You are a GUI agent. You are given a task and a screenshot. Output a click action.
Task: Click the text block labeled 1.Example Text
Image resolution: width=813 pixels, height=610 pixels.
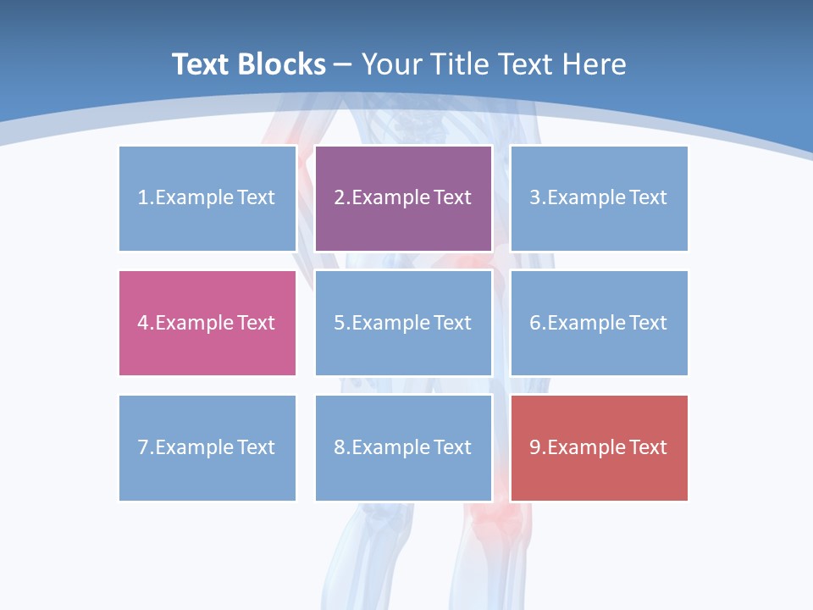pyautogui.click(x=207, y=198)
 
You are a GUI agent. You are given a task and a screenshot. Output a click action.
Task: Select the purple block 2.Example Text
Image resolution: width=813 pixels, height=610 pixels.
pyautogui.click(x=403, y=198)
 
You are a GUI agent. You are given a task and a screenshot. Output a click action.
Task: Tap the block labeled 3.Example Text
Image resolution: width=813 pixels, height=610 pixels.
pyautogui.click(x=599, y=198)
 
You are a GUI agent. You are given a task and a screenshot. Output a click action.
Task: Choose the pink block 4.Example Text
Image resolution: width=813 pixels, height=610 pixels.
pyautogui.click(x=207, y=323)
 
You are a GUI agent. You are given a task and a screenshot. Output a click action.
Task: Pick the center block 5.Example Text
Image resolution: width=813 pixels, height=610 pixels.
pyautogui.click(x=403, y=323)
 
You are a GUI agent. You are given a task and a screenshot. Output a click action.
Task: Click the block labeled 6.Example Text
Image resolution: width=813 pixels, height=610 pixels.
pyautogui.click(x=599, y=323)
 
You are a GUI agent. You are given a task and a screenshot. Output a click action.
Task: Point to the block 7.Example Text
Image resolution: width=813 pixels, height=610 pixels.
pyautogui.click(x=207, y=447)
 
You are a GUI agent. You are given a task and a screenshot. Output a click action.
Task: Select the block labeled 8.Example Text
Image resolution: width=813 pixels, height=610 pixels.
pyautogui.click(x=403, y=447)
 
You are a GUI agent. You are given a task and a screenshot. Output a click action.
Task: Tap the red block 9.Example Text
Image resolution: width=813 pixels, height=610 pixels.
pyautogui.click(x=599, y=447)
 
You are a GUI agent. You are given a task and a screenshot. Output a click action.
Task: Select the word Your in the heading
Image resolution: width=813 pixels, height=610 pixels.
pyautogui.click(x=390, y=64)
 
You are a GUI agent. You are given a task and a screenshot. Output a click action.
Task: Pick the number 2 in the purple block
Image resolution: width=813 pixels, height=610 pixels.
pyautogui.click(x=339, y=198)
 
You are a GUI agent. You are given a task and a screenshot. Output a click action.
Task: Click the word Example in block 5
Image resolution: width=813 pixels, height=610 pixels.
pyautogui.click(x=390, y=323)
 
